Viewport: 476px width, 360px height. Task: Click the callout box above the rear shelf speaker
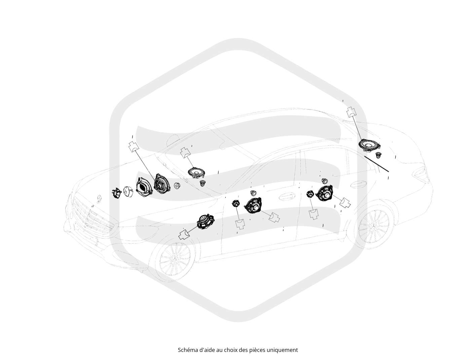[x=352, y=112]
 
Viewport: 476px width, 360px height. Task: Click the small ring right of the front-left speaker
[x=177, y=186]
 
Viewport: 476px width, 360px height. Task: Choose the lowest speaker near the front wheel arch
[x=205, y=221]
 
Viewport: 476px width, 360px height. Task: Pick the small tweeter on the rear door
[x=310, y=194]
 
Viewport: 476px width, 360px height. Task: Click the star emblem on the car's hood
[x=100, y=198]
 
